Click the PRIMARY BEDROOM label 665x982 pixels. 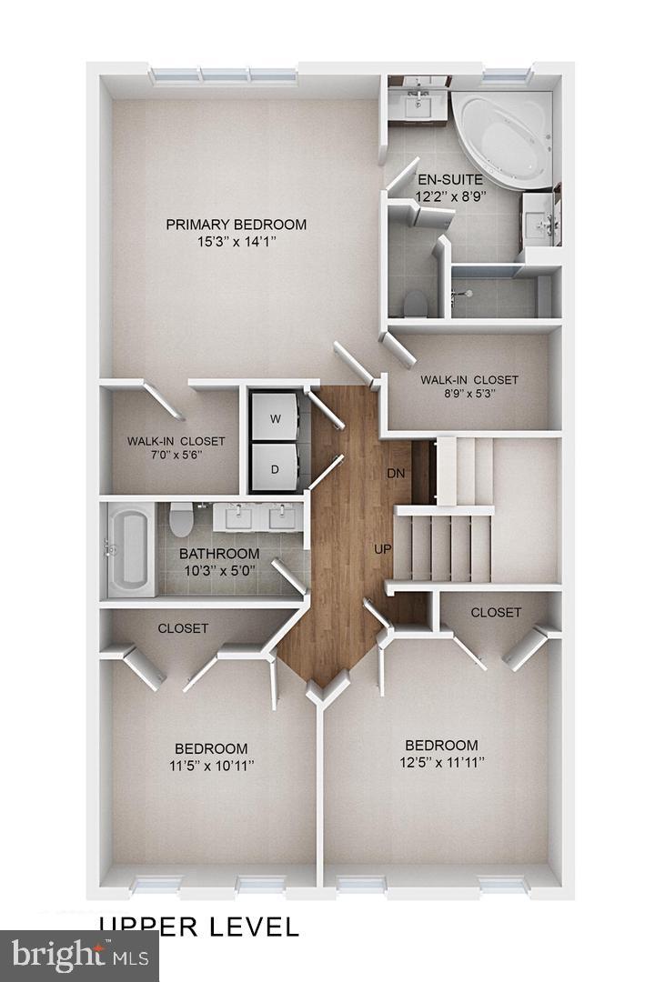point(236,225)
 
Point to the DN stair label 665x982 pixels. point(396,474)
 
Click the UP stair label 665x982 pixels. point(383,549)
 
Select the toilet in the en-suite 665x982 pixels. point(415,301)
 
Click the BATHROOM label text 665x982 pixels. point(218,554)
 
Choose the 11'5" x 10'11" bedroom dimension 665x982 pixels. point(212,767)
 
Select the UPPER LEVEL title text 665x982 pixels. point(198,927)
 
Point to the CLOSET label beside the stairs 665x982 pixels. point(496,613)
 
